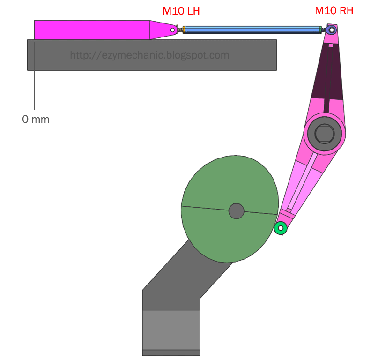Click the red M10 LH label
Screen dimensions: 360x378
coord(181,11)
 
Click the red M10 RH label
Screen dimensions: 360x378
coord(334,11)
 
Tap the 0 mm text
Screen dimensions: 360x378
coord(36,119)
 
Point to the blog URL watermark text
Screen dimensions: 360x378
coord(149,55)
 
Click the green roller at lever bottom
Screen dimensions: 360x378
coord(280,228)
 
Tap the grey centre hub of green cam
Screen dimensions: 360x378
coord(236,211)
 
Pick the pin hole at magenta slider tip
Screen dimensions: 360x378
coord(172,30)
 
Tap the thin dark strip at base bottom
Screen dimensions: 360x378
coord(171,352)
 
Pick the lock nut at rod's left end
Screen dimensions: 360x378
coord(184,30)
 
